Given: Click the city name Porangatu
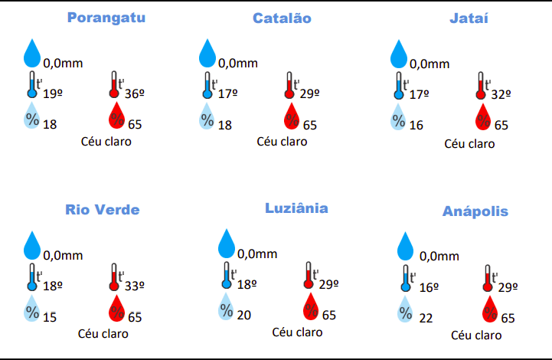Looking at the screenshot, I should pos(106,18).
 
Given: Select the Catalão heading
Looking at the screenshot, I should pos(282,18).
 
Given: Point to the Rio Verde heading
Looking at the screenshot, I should pos(103,209).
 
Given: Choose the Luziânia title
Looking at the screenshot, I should pos(296,208).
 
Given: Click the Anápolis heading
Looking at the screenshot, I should pos(475,211).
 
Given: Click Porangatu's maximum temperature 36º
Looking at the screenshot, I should pos(135,94).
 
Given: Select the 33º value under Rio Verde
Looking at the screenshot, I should pos(135,286).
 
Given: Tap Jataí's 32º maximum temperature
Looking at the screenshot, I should pos(501,95).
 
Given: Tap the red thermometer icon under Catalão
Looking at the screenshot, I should pos(289,86).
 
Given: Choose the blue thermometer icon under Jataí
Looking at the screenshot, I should pos(398,86).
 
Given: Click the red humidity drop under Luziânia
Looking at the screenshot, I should pos(311,307).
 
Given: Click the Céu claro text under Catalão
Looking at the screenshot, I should pos(282,141).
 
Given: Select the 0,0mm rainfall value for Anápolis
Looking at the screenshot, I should pos(439,256).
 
